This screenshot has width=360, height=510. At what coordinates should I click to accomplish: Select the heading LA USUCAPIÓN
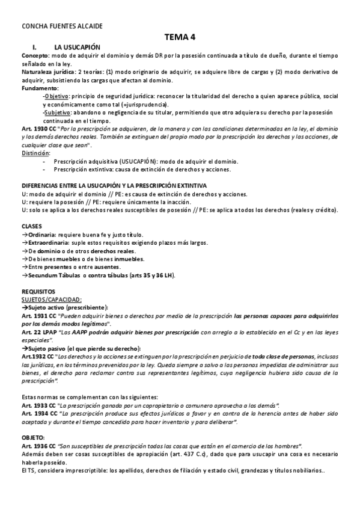[x=77, y=46]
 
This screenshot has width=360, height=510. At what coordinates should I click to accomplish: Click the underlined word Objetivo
[x=57, y=96]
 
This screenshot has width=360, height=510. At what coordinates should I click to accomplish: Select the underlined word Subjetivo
[x=58, y=112]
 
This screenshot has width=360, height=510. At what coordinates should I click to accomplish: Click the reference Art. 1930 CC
[x=40, y=129]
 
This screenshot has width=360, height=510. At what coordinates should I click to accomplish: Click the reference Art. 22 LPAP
[x=39, y=332]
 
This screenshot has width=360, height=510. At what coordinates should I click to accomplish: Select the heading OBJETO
[x=32, y=437]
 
